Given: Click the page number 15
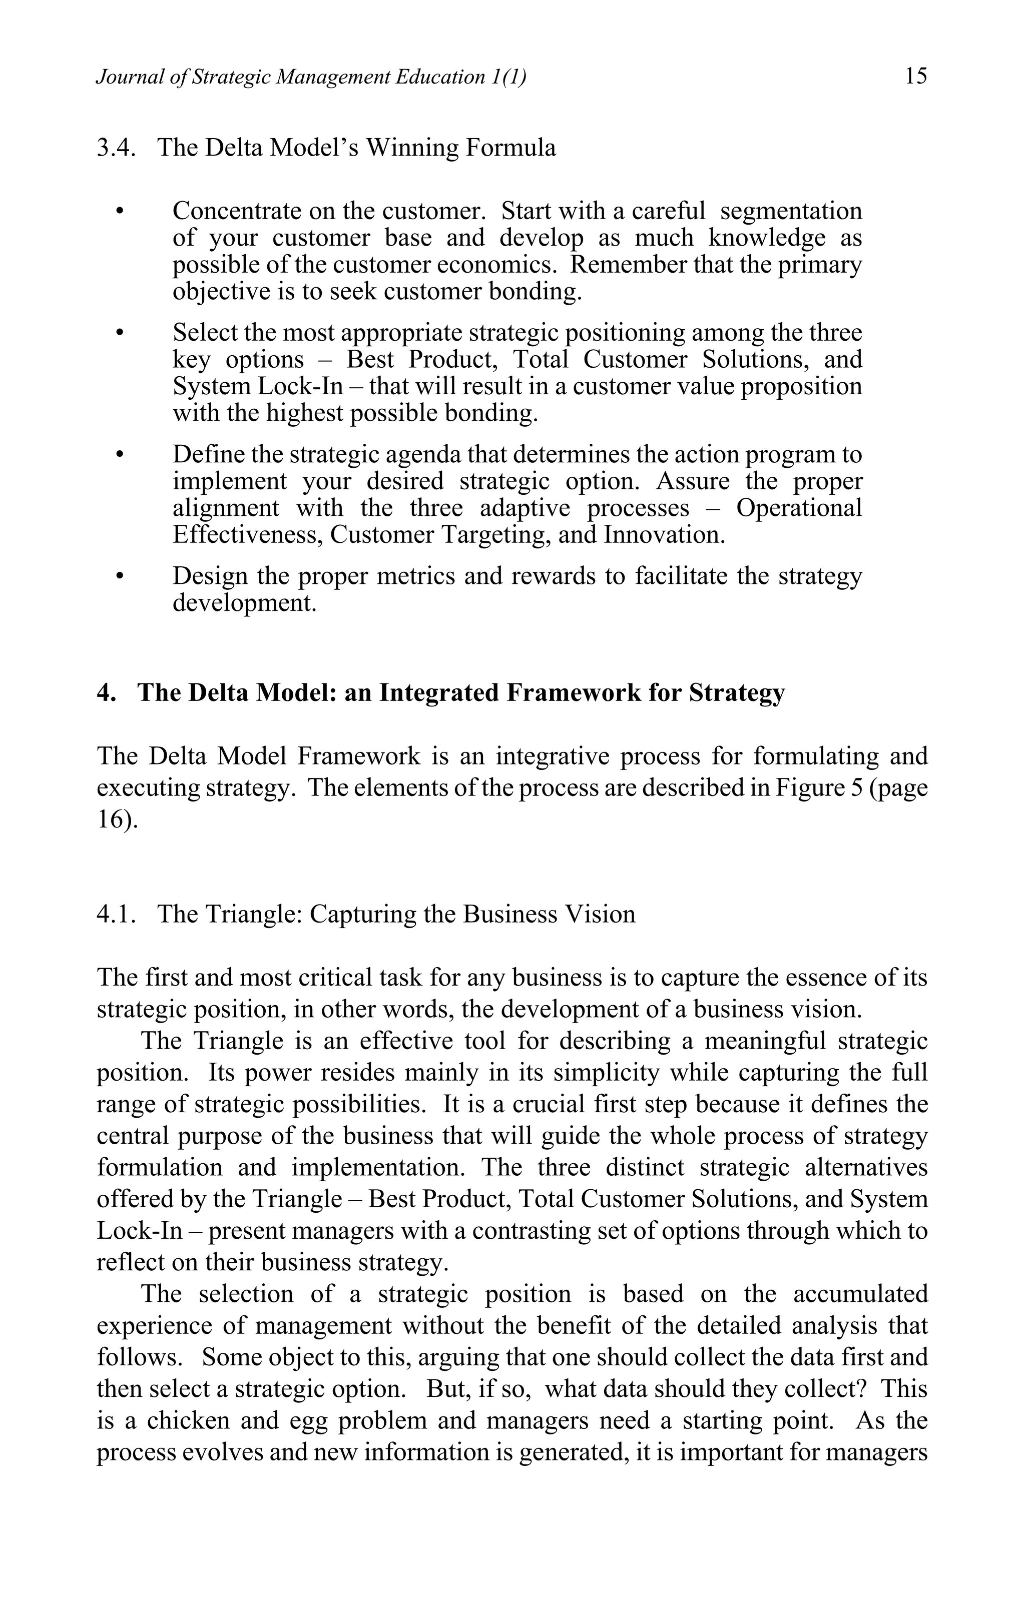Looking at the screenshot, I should (x=916, y=76).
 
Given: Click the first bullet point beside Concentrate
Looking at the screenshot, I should (x=121, y=213).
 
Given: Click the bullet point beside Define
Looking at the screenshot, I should (x=121, y=456).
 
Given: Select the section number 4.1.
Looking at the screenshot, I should (x=117, y=914).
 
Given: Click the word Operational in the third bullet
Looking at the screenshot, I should (x=799, y=508).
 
